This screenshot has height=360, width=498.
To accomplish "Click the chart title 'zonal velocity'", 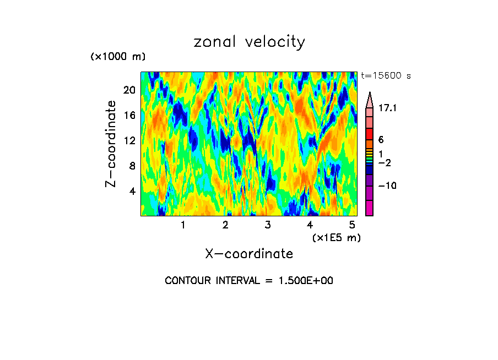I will (x=249, y=42).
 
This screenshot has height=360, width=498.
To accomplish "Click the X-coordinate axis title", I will (x=249, y=254).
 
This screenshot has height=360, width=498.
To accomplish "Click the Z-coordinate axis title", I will (x=112, y=144).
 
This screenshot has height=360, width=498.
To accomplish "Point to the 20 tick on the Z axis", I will (x=128, y=90).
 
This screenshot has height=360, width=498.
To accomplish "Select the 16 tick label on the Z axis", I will (x=128, y=115).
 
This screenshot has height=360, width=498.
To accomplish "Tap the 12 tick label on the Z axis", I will (x=128, y=140).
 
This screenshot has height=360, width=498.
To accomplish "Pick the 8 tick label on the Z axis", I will (x=131, y=166).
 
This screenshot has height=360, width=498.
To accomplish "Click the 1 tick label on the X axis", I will (x=183, y=225).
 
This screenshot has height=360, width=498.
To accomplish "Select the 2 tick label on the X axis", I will (x=225, y=225).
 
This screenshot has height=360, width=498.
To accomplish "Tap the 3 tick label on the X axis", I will (x=268, y=225).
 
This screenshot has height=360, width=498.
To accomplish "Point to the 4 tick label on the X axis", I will (x=310, y=225).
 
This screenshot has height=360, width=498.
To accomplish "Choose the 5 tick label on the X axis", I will (x=352, y=225).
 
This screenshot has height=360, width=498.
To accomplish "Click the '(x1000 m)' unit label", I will (x=117, y=57).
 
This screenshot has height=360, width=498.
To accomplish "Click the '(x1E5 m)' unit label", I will (x=335, y=238).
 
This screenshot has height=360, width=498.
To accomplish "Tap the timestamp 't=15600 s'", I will (x=386, y=76).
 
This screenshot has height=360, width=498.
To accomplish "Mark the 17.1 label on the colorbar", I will (x=388, y=109).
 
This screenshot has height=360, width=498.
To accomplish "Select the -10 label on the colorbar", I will (x=388, y=186).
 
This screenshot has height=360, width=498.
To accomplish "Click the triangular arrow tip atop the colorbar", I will (x=369, y=97).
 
